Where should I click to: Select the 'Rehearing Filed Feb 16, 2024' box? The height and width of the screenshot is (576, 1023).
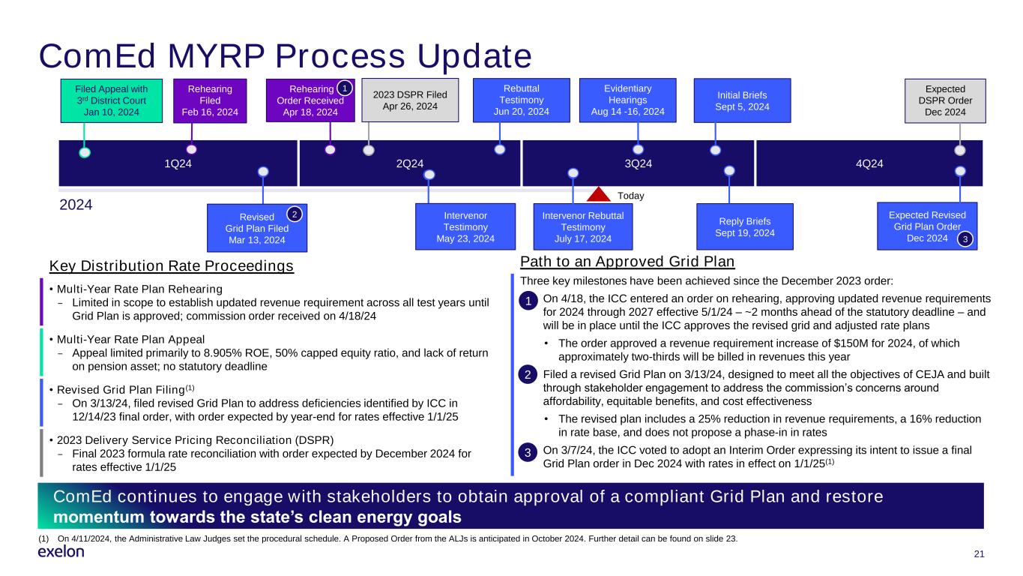(210, 101)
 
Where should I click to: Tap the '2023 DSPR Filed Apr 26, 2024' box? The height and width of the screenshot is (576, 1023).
(410, 100)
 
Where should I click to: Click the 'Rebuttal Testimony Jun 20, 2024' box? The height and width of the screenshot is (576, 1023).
(522, 100)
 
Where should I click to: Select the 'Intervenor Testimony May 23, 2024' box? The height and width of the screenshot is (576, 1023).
(465, 226)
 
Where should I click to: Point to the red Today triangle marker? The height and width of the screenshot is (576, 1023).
(599, 195)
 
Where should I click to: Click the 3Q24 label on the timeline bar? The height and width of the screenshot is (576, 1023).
(639, 163)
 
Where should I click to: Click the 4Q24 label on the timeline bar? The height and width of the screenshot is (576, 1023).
(869, 163)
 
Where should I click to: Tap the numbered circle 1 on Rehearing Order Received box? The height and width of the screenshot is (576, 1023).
(344, 88)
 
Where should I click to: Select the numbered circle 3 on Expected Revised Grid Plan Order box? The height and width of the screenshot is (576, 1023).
(966, 239)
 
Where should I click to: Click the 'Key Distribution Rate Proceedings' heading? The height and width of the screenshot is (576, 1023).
(172, 266)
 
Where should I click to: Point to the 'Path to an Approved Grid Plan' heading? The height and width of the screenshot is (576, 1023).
(627, 262)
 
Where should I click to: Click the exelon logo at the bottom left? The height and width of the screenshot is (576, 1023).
(61, 552)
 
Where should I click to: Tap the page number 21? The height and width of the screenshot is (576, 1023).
(978, 554)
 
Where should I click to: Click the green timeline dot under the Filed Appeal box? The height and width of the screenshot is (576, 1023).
(85, 152)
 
